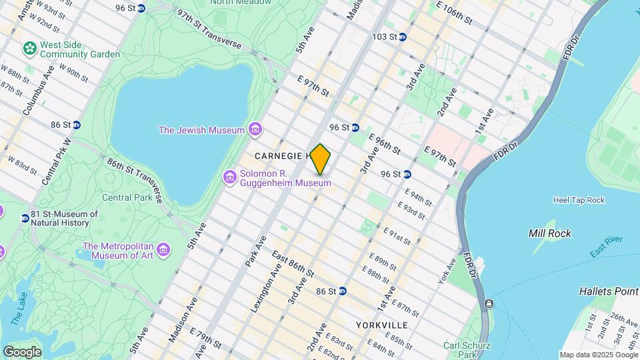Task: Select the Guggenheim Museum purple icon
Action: click(230, 177)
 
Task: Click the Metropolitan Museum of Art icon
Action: click(163, 251)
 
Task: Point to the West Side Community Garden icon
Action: click(29, 48)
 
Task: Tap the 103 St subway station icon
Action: click(403, 37)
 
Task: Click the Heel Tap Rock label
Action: click(578, 200)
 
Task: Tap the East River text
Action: click(606, 247)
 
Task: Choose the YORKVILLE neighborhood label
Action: click(381, 325)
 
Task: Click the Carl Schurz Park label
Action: click(467, 350)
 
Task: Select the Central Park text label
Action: click(127, 197)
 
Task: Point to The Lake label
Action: click(18, 311)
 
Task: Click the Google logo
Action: click(22, 351)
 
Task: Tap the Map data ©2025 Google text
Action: click(599, 355)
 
